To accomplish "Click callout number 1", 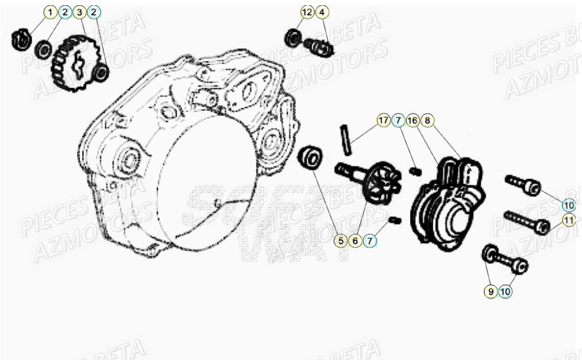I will point(51,12).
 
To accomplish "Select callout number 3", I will point(79,12).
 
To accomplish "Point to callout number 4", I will point(322,12).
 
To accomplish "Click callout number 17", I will point(383,121).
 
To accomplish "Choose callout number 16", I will point(412,121).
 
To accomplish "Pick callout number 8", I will point(427,121).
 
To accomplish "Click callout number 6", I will point(355,242).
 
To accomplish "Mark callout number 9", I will point(490,292).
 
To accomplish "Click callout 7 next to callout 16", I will point(398,121).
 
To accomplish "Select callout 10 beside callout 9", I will point(505,292).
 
